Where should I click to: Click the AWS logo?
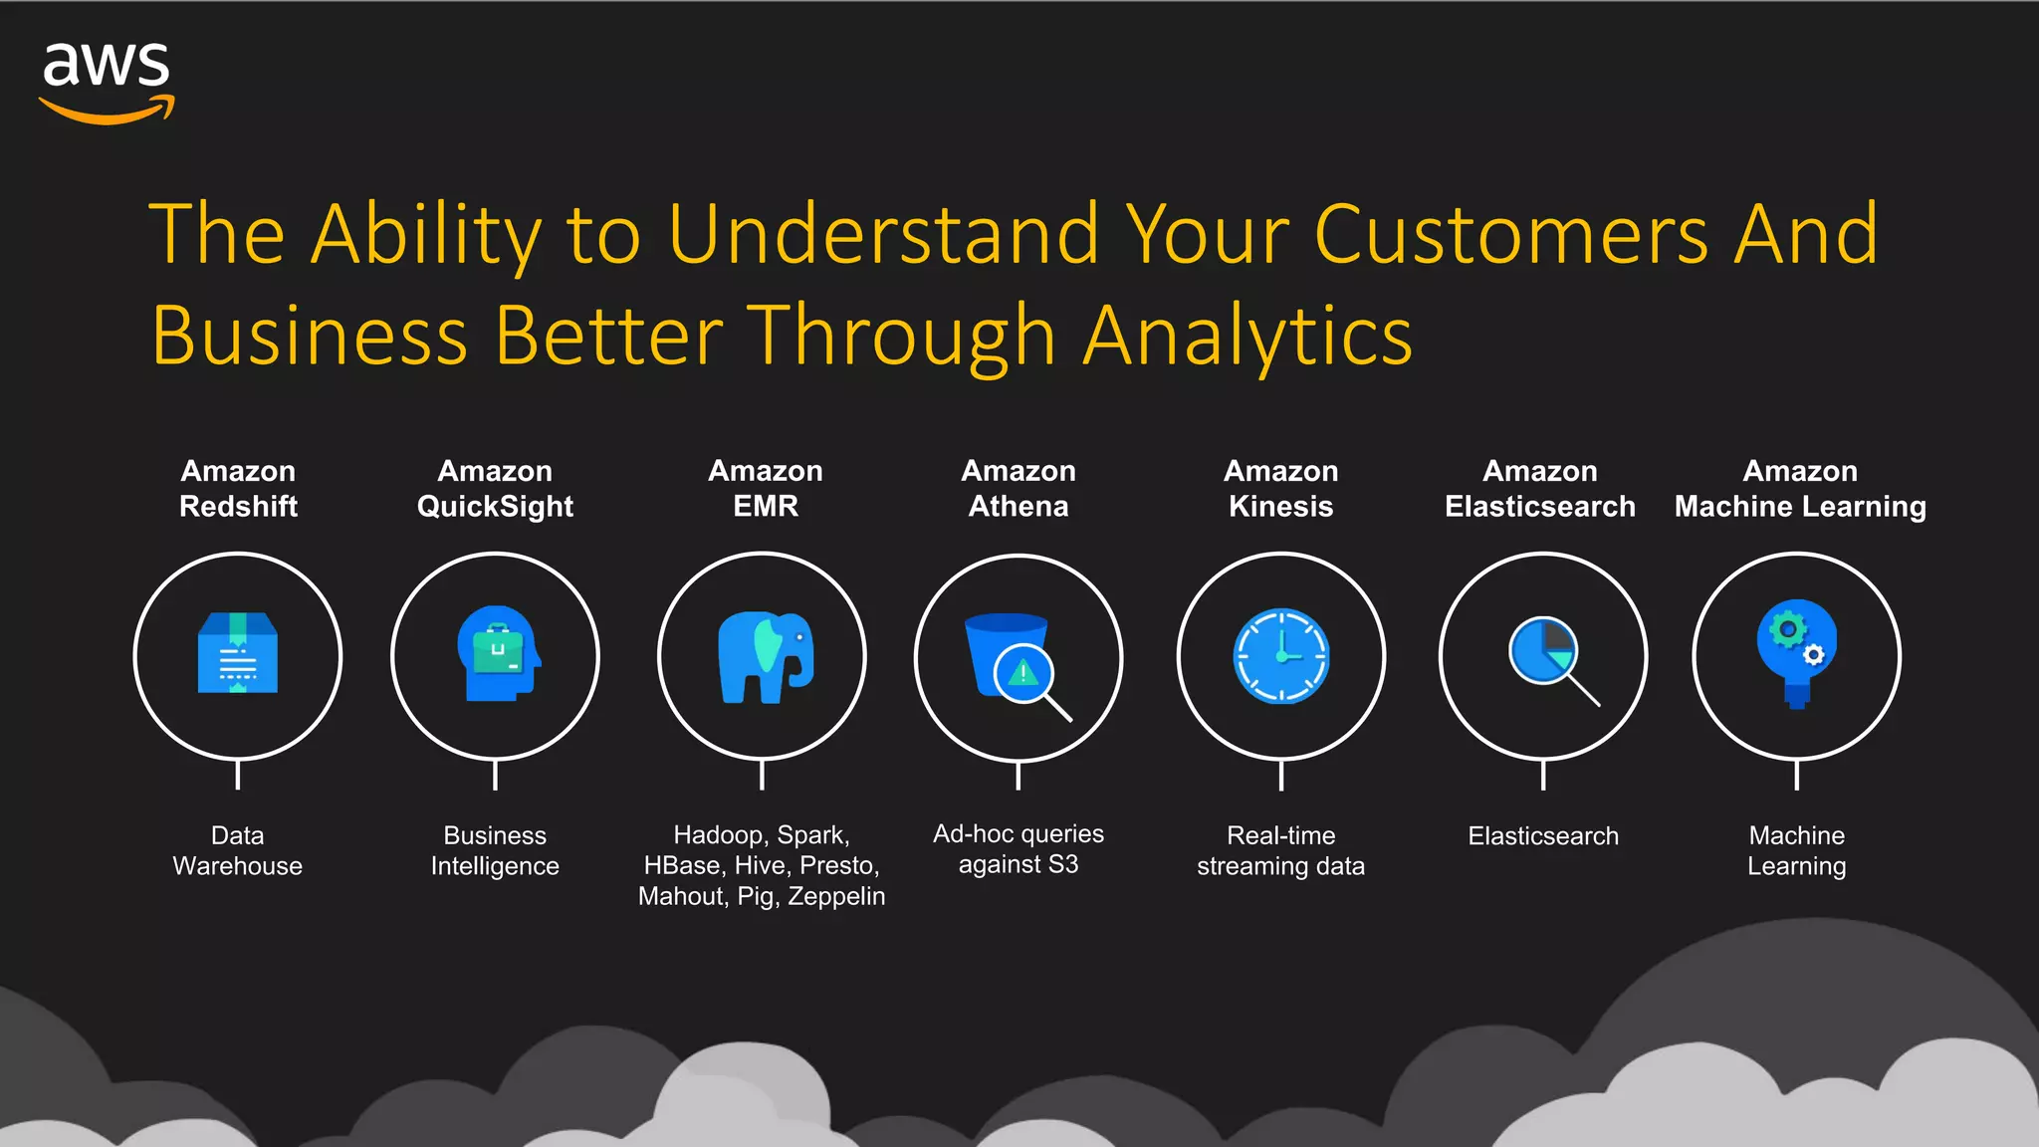pyautogui.click(x=107, y=82)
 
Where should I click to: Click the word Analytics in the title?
pyautogui.click(x=1247, y=336)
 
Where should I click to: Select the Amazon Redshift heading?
pyautogui.click(x=238, y=488)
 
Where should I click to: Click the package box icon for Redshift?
pyautogui.click(x=238, y=652)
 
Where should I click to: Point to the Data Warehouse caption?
pyautogui.click(x=237, y=850)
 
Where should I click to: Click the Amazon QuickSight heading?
pyautogui.click(x=495, y=488)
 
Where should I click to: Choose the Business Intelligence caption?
pyautogui.click(x=495, y=850)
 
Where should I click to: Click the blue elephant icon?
pyautogui.click(x=765, y=656)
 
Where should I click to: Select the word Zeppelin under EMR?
pyautogui.click(x=835, y=896)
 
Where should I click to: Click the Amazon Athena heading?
pyautogui.click(x=1019, y=488)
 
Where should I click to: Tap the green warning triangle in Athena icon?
pyautogui.click(x=1023, y=674)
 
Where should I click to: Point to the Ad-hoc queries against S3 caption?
pyautogui.click(x=1018, y=848)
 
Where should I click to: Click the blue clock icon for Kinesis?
pyautogui.click(x=1281, y=656)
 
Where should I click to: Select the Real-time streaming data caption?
pyautogui.click(x=1280, y=850)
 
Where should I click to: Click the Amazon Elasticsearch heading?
pyautogui.click(x=1540, y=488)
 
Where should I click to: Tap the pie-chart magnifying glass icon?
pyautogui.click(x=1548, y=657)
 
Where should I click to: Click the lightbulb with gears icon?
pyautogui.click(x=1796, y=652)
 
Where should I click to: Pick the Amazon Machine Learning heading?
pyautogui.click(x=1800, y=488)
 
